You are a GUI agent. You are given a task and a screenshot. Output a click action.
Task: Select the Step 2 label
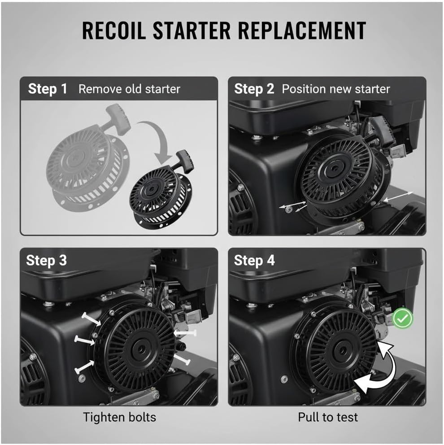coord(254,89)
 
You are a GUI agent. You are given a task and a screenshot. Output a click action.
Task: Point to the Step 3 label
coord(46,261)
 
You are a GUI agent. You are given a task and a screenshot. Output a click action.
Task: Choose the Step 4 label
coord(254,261)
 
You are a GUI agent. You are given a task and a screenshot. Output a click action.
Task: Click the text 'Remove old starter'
coord(130,89)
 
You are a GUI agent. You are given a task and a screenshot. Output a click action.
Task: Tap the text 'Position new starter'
coord(336,89)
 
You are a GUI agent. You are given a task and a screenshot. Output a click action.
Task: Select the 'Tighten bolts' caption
coord(119,417)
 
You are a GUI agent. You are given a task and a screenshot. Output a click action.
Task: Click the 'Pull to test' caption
coord(328,417)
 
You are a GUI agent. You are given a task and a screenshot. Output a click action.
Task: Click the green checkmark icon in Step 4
coord(403,319)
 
